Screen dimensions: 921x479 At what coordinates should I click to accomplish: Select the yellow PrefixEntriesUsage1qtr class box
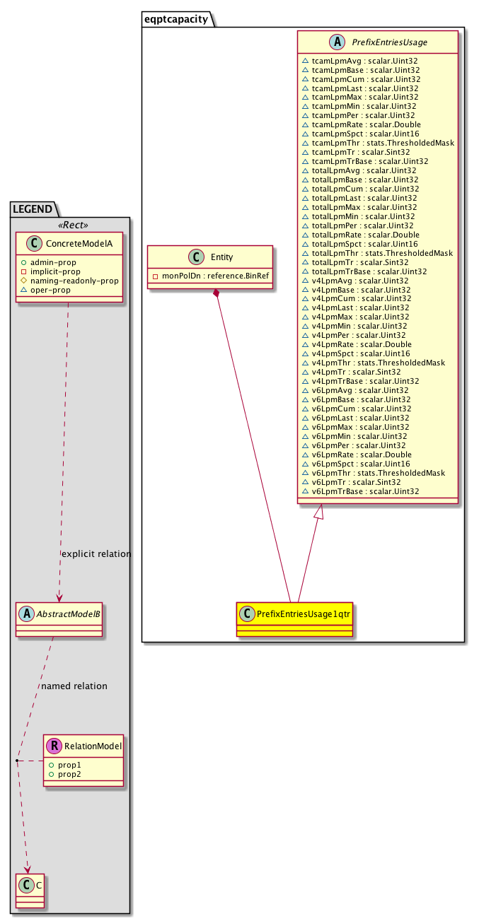click(295, 613)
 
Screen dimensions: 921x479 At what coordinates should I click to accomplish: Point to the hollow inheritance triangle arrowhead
click(319, 512)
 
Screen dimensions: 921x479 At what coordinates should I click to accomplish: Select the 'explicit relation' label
click(96, 554)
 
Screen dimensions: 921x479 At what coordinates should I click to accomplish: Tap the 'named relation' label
click(74, 686)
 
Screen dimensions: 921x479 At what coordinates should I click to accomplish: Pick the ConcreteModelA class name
click(77, 243)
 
